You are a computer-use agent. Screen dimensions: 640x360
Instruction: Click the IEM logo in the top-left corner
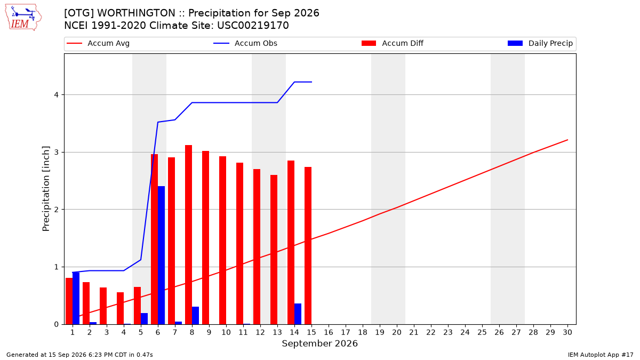point(23,18)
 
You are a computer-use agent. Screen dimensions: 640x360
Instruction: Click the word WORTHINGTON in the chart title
point(136,13)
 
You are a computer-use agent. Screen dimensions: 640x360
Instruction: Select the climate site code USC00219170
point(253,26)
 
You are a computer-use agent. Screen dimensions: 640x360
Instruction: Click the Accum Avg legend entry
point(98,43)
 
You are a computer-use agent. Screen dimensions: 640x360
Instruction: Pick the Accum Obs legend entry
point(245,43)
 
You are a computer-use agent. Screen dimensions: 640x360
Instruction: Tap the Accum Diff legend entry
point(393,43)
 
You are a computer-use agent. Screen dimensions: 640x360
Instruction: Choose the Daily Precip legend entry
point(540,43)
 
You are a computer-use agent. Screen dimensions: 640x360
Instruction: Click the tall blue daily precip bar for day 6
point(161,255)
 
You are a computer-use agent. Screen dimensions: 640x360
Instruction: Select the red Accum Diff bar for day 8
point(189,235)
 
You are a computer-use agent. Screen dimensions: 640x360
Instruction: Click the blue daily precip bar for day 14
point(298,314)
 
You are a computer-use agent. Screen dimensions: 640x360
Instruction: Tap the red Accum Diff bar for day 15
point(308,245)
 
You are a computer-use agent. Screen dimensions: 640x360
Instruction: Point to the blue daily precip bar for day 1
point(76,298)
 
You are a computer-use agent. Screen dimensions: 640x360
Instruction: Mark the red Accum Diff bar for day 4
point(121,308)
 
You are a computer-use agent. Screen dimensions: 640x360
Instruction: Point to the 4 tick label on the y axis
point(57,94)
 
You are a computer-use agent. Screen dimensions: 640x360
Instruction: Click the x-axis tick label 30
point(567,332)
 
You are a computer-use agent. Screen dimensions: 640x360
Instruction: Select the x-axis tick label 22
point(431,332)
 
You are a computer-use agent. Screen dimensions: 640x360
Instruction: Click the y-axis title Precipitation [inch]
point(46,189)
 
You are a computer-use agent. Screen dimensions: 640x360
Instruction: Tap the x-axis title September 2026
point(319,343)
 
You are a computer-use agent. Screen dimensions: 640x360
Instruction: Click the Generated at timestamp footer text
point(79,355)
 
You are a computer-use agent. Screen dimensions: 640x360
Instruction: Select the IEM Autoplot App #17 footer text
point(601,355)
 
